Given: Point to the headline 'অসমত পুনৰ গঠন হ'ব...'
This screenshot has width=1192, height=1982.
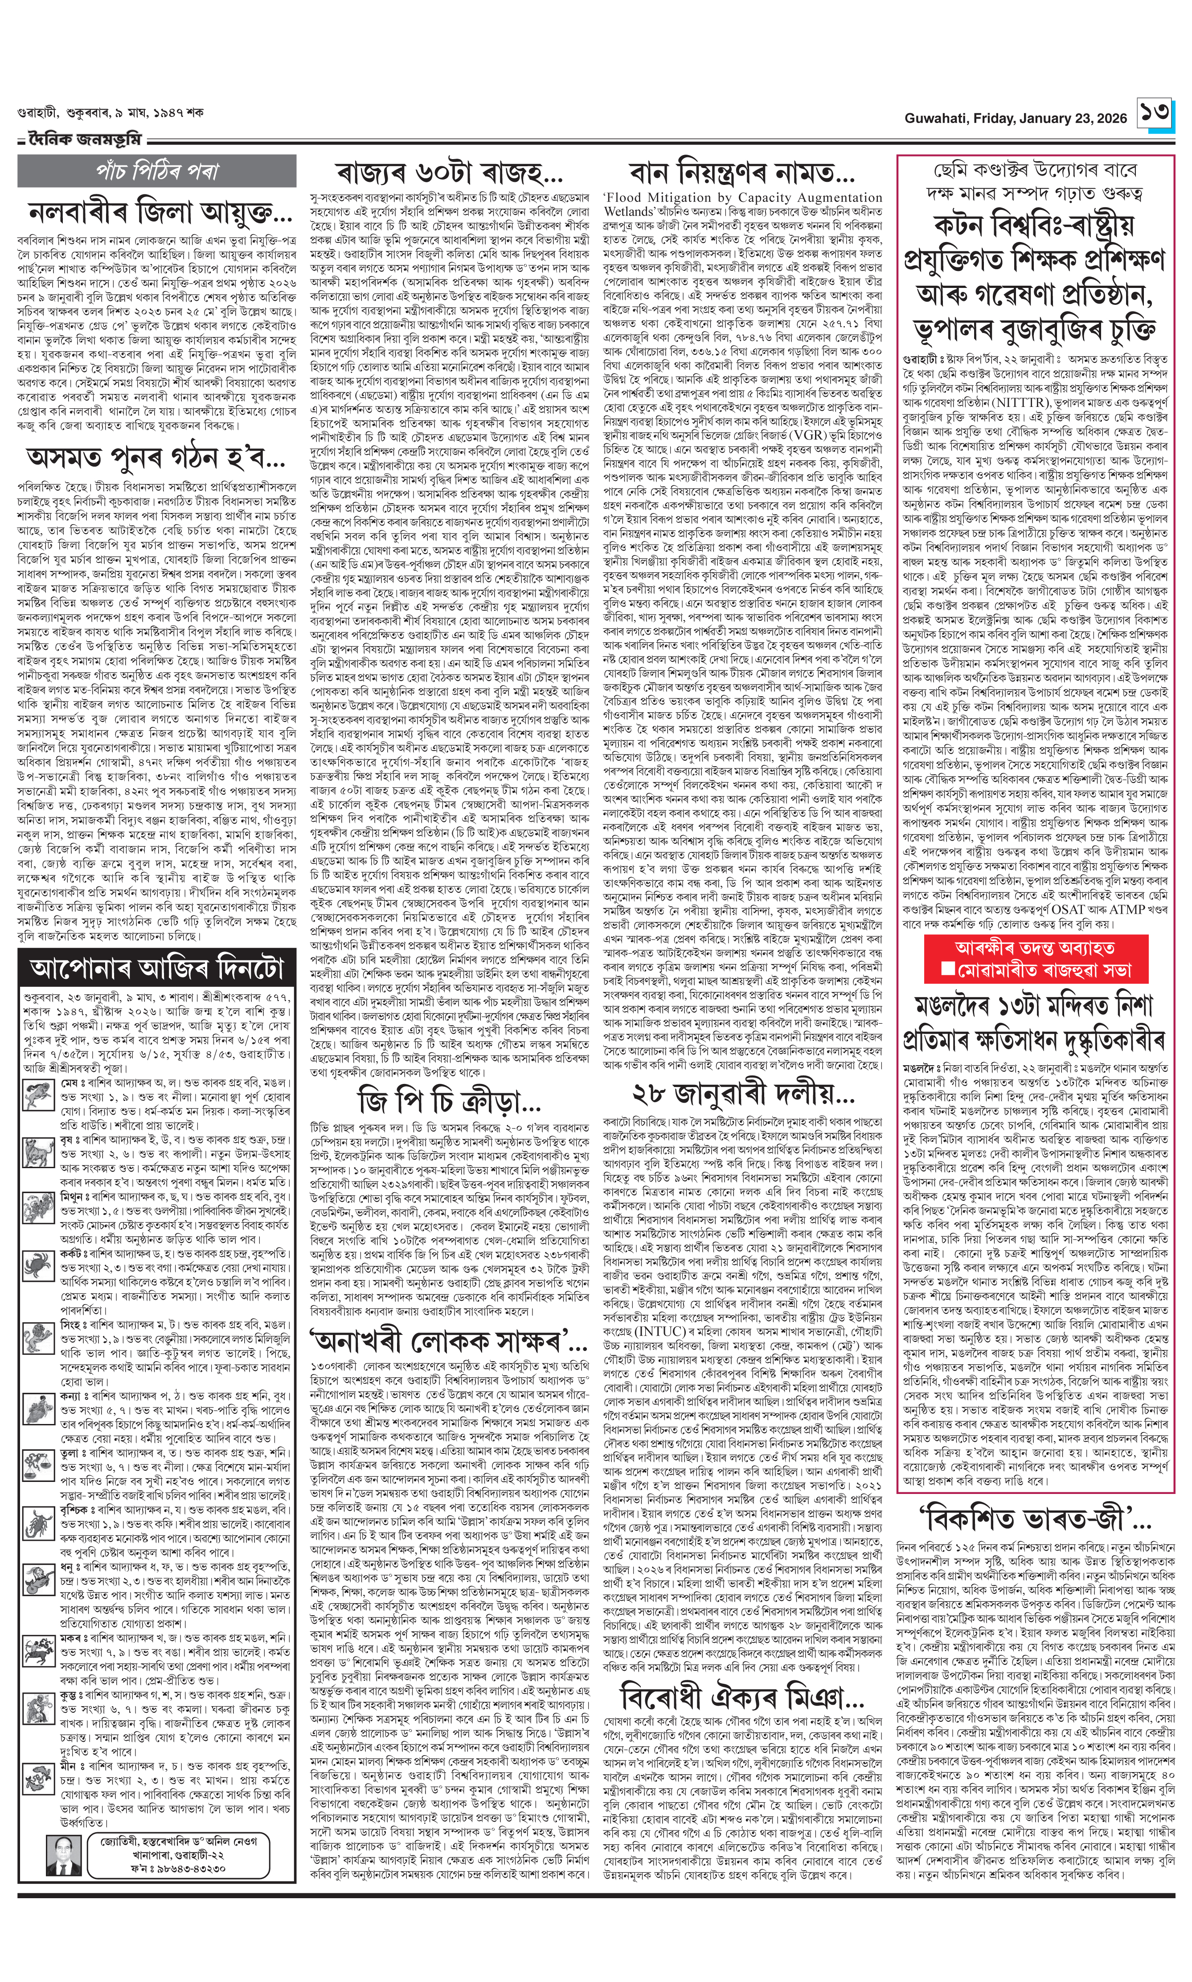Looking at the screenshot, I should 156,458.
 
